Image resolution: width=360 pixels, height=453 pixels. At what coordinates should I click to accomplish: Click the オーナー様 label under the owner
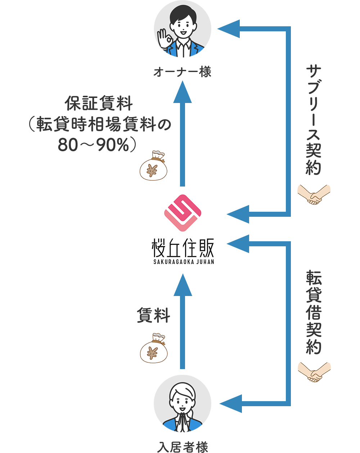[182, 72]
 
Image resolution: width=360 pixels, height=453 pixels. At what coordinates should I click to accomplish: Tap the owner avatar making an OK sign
[183, 29]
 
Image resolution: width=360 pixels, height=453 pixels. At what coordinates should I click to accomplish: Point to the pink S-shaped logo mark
[182, 213]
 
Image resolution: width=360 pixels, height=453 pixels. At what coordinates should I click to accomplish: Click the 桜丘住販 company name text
[183, 248]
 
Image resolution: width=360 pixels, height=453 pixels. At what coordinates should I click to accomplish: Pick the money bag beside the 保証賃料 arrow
[154, 166]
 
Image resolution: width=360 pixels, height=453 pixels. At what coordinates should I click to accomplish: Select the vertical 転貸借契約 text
[313, 311]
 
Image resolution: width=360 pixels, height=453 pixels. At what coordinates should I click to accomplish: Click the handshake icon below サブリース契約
[314, 195]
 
